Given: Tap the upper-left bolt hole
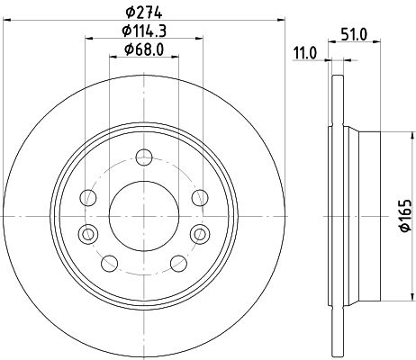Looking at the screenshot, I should [88, 196].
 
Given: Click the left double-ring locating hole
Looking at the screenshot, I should [87, 234].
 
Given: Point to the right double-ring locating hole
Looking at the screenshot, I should [197, 234].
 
